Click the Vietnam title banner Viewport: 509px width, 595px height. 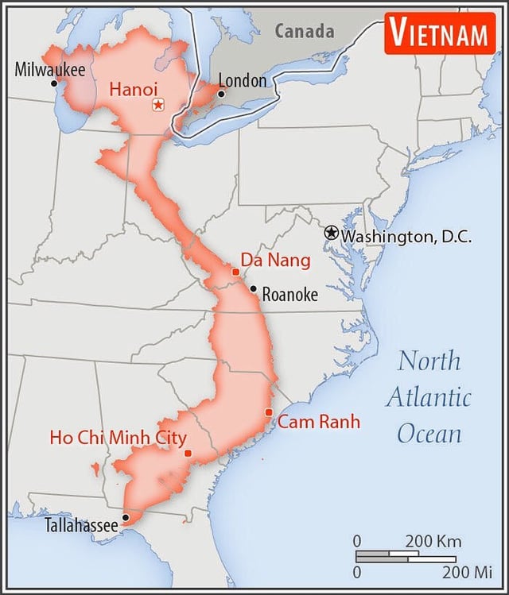pos(438,33)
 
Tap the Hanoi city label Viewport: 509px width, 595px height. pos(134,90)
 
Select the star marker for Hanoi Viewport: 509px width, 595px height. pos(158,105)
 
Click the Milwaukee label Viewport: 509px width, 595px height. pos(49,69)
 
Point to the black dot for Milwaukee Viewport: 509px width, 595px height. pos(54,83)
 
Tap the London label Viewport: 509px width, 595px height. pos(242,80)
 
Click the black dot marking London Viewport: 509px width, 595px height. pos(221,94)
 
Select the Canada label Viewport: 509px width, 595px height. pos(305,31)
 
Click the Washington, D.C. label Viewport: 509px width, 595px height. pos(406,236)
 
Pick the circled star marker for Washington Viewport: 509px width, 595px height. pos(332,233)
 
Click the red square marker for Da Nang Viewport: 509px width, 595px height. pos(235,272)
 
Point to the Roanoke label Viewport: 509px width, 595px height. pos(289,295)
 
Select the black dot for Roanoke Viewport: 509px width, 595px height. pos(253,289)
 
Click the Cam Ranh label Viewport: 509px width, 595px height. pos(318,422)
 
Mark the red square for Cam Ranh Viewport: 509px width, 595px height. pos(269,411)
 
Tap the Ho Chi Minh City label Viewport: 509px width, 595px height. pos(118,438)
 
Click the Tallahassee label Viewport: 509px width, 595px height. pos(81,524)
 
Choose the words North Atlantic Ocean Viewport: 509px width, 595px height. pos(429,396)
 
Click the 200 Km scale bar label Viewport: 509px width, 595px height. pos(433,541)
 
